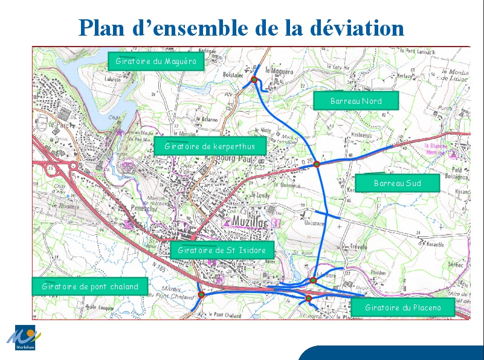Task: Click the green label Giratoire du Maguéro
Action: point(156,61)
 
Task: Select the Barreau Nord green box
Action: point(356,101)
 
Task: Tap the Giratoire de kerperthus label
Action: point(210,146)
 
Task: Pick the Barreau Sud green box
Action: point(397,183)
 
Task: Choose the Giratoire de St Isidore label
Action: point(222,249)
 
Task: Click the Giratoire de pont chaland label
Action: point(90,286)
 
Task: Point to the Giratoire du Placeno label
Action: point(403,307)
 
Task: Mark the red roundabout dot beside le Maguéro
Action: point(254,80)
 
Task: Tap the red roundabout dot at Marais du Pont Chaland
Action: point(202,295)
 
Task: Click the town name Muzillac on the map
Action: point(250,222)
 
